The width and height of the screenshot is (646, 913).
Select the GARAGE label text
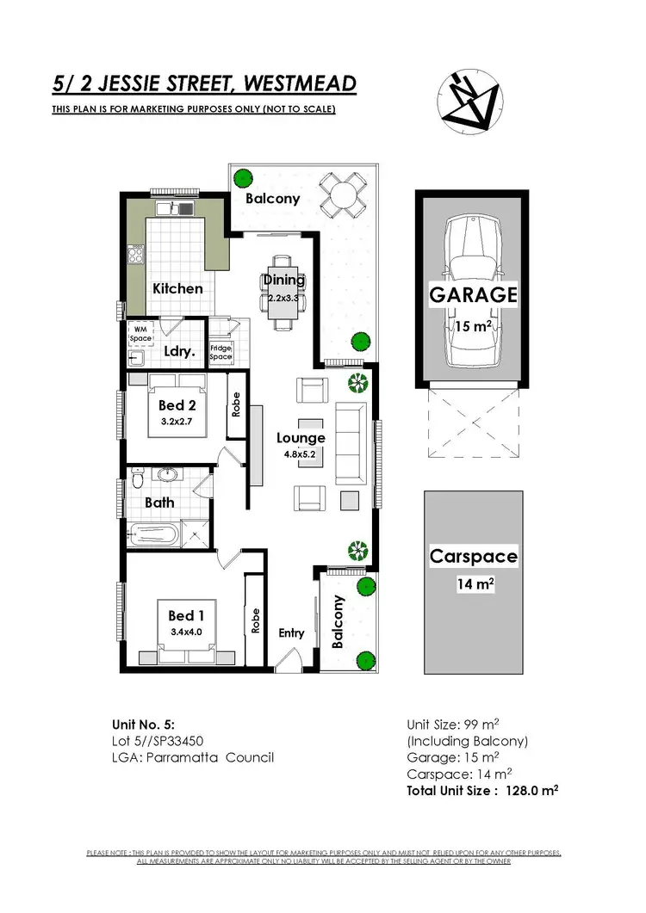474,295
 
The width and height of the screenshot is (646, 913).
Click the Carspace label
474,557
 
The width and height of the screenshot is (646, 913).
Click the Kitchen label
177,288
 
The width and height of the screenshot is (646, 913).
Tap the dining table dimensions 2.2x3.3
283,298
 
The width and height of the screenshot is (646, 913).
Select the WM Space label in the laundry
140,333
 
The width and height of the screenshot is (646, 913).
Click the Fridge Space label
221,352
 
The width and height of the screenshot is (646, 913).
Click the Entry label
291,633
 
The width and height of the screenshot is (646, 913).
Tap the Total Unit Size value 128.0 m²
523,790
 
